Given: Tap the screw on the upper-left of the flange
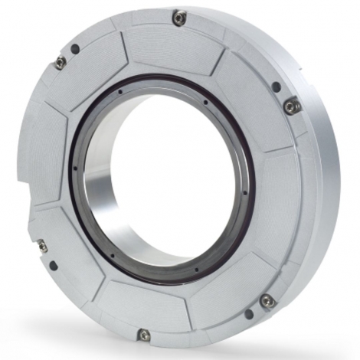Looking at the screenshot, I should (x=60, y=62).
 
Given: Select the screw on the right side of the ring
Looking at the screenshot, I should (x=292, y=106).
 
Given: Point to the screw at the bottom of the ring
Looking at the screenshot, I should (x=143, y=335).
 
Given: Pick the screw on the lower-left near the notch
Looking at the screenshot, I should (x=41, y=246).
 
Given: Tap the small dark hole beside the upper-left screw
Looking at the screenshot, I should (x=74, y=48).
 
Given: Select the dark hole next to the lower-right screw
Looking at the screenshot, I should (x=249, y=315).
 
